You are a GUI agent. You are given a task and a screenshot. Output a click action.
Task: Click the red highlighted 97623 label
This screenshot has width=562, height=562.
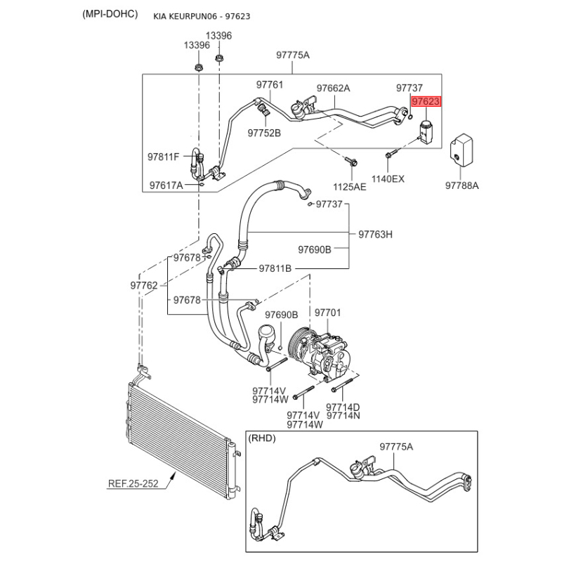[426, 102]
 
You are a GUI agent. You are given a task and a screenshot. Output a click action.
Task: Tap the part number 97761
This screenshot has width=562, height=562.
[270, 85]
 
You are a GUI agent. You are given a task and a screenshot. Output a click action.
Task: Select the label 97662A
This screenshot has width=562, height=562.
[333, 89]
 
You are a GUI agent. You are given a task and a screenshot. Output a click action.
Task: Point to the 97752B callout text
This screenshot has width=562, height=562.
[264, 132]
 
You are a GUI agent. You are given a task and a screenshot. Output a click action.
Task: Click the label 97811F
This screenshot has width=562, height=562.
[164, 156]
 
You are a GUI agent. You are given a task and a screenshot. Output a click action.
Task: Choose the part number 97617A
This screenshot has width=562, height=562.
[166, 185]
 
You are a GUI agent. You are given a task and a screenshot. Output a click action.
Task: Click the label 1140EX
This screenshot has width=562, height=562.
[388, 178]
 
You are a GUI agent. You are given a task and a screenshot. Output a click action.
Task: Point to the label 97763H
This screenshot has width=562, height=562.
[376, 234]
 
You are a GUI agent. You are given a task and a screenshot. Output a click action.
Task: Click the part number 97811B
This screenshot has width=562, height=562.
[275, 268]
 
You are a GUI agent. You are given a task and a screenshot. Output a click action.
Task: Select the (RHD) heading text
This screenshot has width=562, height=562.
[262, 438]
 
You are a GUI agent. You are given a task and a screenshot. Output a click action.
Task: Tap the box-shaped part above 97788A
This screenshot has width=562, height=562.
[461, 148]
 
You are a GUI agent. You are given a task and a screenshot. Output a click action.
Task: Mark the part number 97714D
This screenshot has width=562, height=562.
[344, 407]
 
